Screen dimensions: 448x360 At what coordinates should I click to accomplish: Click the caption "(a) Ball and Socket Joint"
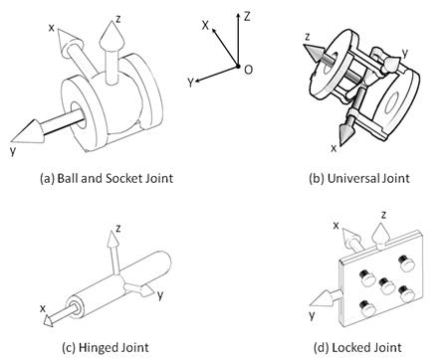(x=107, y=178)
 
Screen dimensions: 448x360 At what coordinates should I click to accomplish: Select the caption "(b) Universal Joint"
(x=359, y=178)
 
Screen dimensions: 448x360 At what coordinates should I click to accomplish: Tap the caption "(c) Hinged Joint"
(x=106, y=347)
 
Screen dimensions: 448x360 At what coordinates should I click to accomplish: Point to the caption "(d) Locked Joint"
(x=357, y=347)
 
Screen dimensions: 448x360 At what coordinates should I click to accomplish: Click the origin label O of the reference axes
(x=248, y=70)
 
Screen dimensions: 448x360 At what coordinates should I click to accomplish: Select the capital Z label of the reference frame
(x=247, y=16)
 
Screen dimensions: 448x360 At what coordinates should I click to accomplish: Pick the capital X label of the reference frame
(x=205, y=25)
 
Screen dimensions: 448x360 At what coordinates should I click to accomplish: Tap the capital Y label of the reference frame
(x=190, y=83)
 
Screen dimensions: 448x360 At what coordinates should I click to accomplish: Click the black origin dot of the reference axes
(x=238, y=67)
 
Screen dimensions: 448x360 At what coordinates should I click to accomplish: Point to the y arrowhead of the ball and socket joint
(x=27, y=131)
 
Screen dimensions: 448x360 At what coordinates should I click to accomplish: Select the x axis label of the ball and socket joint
(x=51, y=28)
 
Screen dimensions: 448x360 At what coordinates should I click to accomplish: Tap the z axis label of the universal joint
(x=308, y=37)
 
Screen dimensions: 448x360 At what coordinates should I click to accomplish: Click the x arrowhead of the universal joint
(x=346, y=133)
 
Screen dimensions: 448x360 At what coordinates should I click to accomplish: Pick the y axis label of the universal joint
(x=404, y=53)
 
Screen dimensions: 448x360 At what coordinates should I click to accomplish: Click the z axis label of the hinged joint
(x=118, y=228)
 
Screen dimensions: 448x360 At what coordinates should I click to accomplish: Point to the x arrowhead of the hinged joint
(x=48, y=321)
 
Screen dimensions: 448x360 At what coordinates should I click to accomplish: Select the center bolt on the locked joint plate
(x=386, y=285)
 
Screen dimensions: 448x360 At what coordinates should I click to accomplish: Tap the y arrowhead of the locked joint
(x=322, y=298)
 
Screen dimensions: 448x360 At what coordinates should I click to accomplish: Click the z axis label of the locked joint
(x=383, y=216)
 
